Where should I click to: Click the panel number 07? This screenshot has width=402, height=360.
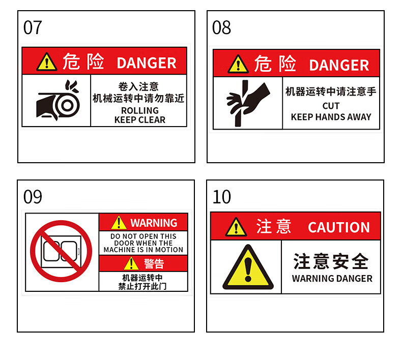coord(33,27)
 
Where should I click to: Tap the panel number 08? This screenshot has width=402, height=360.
coord(221,27)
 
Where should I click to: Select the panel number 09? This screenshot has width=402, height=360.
coord(33,197)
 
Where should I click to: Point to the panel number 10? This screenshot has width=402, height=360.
coord(222,197)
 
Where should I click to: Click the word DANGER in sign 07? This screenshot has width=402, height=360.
coord(147,63)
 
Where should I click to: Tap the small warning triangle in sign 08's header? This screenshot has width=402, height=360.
coord(238,64)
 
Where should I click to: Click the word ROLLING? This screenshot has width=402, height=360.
coord(140,110)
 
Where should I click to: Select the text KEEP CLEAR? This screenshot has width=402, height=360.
coord(140,119)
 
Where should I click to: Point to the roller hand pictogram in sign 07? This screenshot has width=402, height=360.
coord(58,101)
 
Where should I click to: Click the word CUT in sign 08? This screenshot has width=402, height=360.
coord(331,106)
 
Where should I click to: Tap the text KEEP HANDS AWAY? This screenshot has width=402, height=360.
coord(331,117)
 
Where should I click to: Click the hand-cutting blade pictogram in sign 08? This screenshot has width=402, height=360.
coord(248,103)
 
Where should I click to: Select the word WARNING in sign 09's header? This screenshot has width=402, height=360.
coord(154,223)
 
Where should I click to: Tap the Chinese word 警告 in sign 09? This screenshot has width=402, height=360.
coord(154,264)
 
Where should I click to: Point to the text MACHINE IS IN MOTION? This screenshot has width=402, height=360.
coord(143,250)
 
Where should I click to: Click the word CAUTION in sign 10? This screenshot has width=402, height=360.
coord(339,227)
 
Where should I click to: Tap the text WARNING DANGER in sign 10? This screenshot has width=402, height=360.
coord(332,279)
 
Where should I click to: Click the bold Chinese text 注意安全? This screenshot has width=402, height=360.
coord(331,261)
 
